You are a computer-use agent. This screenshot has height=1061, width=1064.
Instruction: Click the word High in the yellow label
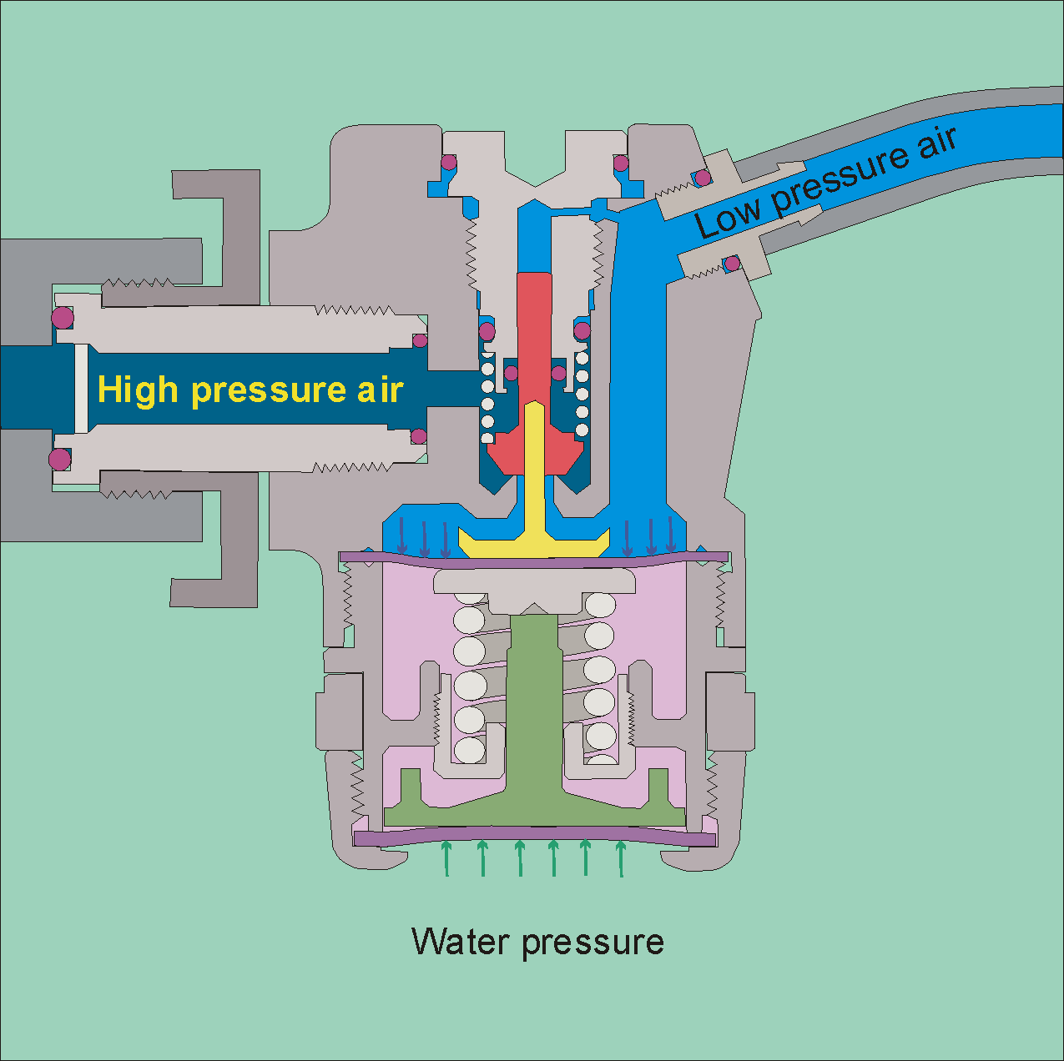point(138,390)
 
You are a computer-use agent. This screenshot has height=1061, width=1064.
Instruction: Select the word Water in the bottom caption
point(461,942)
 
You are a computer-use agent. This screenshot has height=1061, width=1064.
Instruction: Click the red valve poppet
point(534,350)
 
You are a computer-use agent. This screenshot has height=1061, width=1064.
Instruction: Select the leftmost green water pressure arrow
point(446,859)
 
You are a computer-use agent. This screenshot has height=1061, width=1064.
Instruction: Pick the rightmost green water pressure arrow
point(620,859)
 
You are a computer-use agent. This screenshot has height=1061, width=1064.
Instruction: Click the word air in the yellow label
point(381,390)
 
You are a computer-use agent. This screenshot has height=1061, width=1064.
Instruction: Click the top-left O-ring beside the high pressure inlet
point(62,317)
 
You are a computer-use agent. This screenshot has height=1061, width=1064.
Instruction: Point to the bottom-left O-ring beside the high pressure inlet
point(59,459)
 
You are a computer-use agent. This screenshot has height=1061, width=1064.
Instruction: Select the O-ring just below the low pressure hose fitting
point(732,264)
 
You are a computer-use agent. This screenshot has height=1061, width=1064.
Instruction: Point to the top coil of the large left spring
point(470,619)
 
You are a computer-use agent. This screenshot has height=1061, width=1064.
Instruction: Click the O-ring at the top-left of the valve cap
point(449,161)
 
